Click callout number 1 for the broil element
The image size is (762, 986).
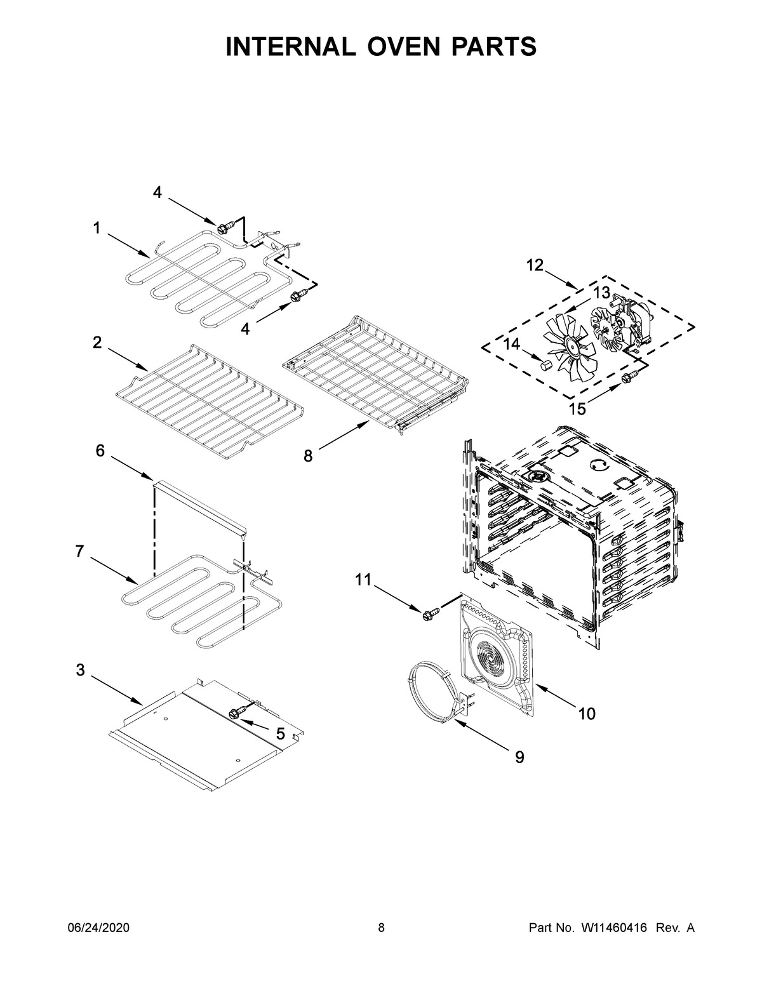click(x=97, y=228)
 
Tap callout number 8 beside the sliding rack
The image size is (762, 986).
click(x=308, y=456)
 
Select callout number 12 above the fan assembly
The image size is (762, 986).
click(x=535, y=265)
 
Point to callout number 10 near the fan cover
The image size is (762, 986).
click(x=587, y=714)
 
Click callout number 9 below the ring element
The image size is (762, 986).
click(x=519, y=757)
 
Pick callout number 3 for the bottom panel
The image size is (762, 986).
click(x=81, y=670)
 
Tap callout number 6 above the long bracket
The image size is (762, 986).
click(x=100, y=451)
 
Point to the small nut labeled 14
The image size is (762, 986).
click(x=544, y=364)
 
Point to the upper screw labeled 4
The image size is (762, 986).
click(x=223, y=227)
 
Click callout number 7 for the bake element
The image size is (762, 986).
click(x=79, y=551)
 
